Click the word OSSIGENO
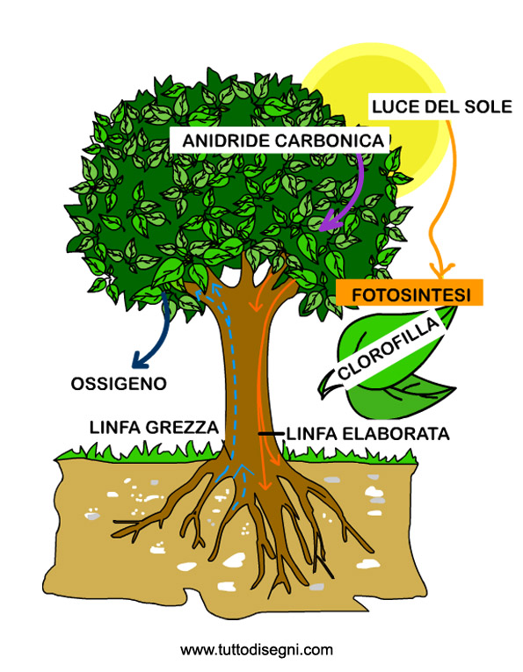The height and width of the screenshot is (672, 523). (x=119, y=384)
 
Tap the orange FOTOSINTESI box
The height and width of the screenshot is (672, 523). (x=410, y=293)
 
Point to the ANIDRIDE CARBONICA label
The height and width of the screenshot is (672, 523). (x=283, y=141)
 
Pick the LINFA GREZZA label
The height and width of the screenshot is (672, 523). (x=154, y=427)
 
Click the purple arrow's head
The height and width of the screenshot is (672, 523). (x=330, y=223)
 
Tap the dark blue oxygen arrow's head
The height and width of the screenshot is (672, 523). (x=140, y=360)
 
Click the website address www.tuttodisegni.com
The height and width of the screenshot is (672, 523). (x=257, y=650)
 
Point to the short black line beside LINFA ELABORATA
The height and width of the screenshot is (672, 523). (x=271, y=434)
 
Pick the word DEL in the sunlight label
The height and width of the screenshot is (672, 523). (x=439, y=106)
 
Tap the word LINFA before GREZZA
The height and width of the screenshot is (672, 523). (x=115, y=427)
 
